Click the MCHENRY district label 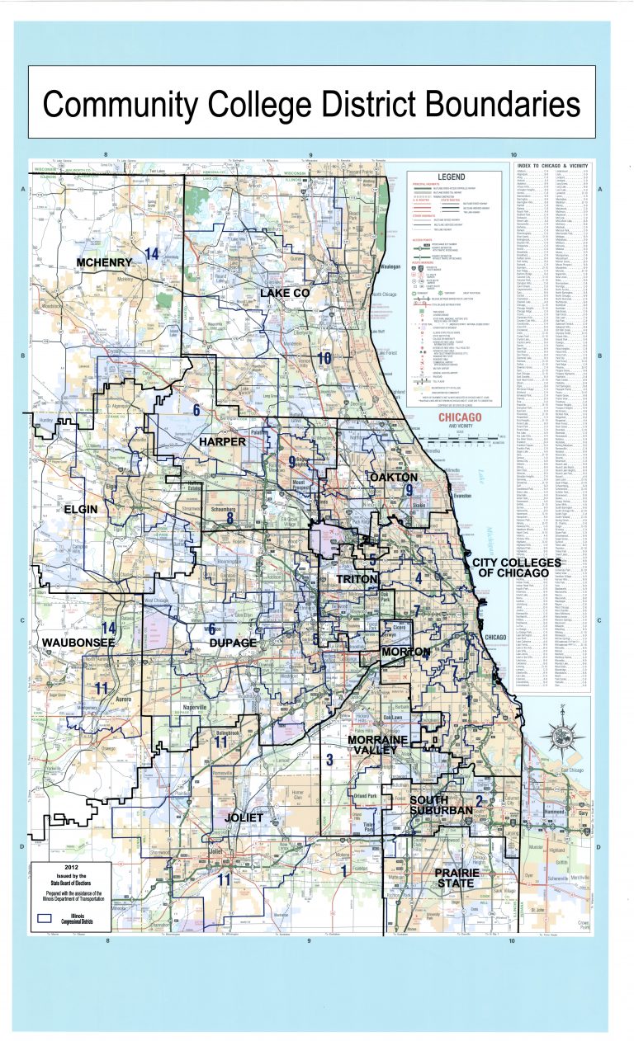(104, 263)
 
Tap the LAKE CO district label (284, 293)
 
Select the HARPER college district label (222, 442)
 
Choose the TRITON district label (357, 581)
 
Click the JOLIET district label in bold (244, 817)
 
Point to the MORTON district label (405, 652)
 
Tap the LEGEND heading (452, 177)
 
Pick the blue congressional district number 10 (324, 358)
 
